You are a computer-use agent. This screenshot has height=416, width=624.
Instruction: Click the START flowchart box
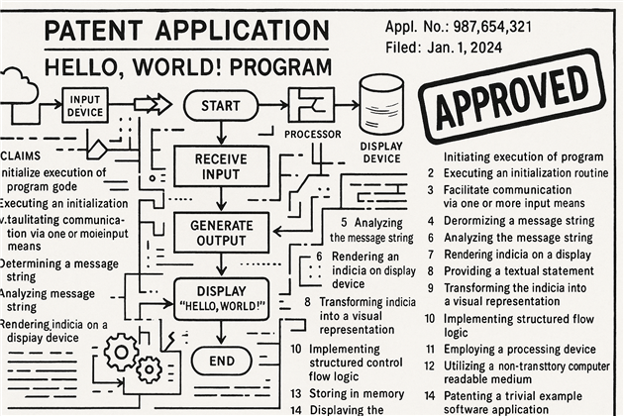(220, 104)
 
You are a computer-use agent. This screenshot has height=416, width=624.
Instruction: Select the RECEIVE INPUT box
(221, 167)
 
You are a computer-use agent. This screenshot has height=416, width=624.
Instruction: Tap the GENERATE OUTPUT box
(221, 232)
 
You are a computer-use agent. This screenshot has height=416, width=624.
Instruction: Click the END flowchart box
(221, 362)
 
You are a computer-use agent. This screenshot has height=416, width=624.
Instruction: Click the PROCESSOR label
(313, 134)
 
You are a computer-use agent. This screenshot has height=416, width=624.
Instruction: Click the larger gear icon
(123, 352)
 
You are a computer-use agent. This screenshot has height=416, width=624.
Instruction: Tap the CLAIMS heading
(22, 156)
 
